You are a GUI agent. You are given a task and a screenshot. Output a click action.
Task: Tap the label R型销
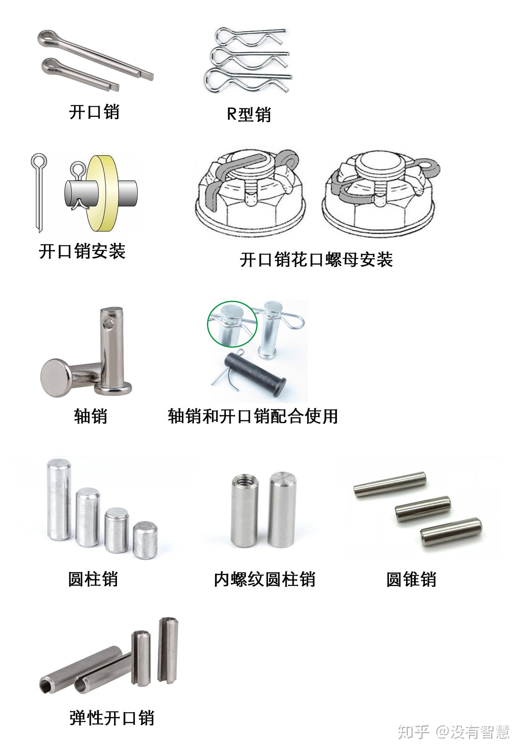(x=249, y=114)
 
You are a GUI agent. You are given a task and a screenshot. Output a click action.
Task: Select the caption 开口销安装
(x=82, y=251)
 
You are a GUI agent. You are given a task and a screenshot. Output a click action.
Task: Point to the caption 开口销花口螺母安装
(x=316, y=259)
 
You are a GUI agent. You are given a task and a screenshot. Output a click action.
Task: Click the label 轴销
(x=90, y=416)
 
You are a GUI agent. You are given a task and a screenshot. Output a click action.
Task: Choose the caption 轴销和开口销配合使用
(x=253, y=416)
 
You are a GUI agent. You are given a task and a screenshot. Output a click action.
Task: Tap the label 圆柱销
(x=93, y=579)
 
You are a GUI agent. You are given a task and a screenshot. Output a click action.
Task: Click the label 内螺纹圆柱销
(x=264, y=579)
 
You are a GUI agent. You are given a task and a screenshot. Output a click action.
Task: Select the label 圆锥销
(x=411, y=579)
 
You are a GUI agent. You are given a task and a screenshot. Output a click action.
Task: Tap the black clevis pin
(x=256, y=373)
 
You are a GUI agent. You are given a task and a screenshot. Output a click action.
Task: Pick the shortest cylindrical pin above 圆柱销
(x=145, y=540)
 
